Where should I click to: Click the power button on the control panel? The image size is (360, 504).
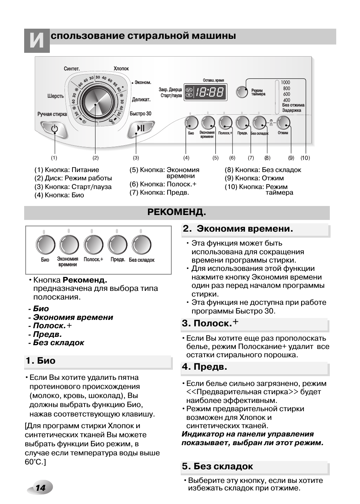point(54,129)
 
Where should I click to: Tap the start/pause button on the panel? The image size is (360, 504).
point(141,129)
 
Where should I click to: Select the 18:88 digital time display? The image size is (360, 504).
point(205,92)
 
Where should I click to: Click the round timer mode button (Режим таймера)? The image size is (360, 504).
point(242,92)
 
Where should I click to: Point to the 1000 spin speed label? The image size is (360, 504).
point(286,82)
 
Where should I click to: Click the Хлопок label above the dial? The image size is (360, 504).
point(121,69)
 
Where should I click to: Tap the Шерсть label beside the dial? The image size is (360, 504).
point(55,96)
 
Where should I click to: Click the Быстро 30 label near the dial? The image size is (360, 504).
point(140,114)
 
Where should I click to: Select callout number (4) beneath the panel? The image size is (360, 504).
point(186,158)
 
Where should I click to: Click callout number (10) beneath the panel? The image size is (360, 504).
point(305,158)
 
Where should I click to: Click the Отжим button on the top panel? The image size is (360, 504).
point(283,123)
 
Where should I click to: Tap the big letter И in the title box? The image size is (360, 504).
point(37,41)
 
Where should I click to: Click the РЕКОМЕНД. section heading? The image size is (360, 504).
point(177,212)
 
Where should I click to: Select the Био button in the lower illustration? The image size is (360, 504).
point(45,245)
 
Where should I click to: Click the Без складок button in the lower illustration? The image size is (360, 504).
point(141,245)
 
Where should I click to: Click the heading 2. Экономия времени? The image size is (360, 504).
point(238,229)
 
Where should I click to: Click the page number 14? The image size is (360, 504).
point(40,488)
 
